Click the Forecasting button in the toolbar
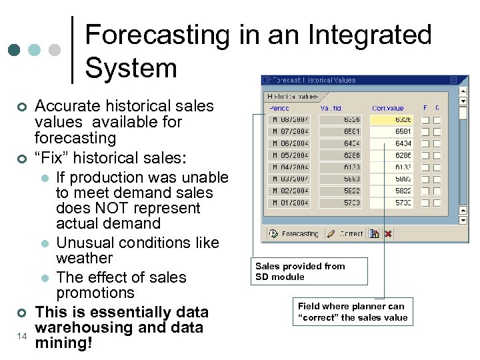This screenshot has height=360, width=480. point(294,234)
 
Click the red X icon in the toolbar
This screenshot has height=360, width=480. point(388,234)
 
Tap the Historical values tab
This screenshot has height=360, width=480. point(292,96)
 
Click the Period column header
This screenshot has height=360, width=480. point(280,108)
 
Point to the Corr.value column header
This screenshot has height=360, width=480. point(387,108)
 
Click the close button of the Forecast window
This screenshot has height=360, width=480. point(453,80)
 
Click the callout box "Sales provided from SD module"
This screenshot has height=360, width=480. point(309,271)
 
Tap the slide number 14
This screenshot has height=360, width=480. point(22,337)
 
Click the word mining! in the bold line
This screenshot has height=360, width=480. point(64,343)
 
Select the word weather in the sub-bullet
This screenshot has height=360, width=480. point(84,258)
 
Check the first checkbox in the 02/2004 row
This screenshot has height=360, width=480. point(425,191)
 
